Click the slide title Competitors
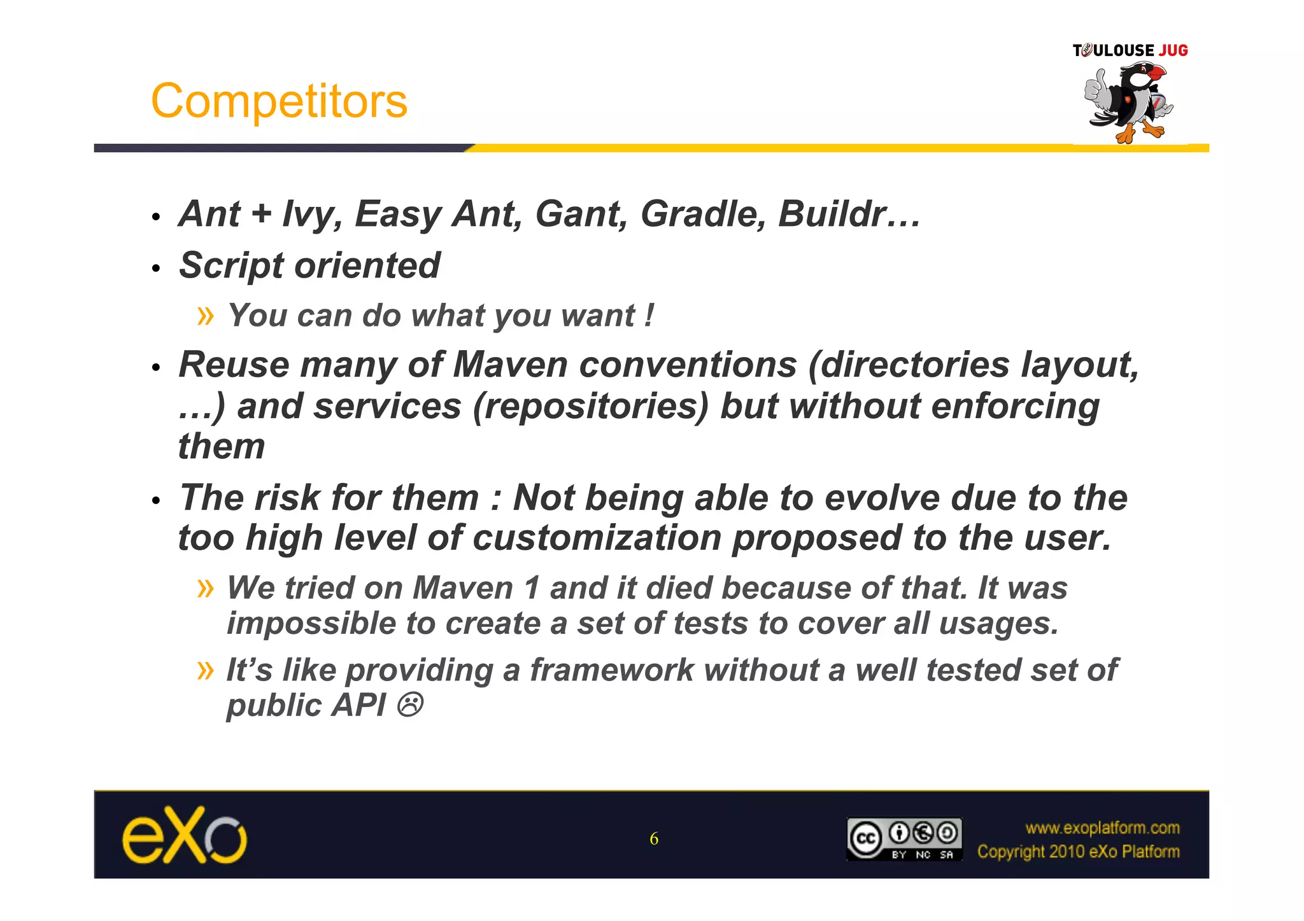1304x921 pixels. [279, 101]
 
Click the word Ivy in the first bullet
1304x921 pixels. [308, 215]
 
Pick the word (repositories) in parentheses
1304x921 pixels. [590, 407]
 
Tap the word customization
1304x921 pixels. [597, 538]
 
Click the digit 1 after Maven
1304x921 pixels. [532, 588]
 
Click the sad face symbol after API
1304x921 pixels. [409, 706]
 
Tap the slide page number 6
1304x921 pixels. [654, 839]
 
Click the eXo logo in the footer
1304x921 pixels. [184, 835]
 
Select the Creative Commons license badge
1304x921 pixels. [904, 839]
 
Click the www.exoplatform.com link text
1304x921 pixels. [1102, 828]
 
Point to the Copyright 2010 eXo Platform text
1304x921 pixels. [1078, 852]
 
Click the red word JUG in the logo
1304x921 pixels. [1173, 51]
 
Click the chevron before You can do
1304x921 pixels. [206, 316]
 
